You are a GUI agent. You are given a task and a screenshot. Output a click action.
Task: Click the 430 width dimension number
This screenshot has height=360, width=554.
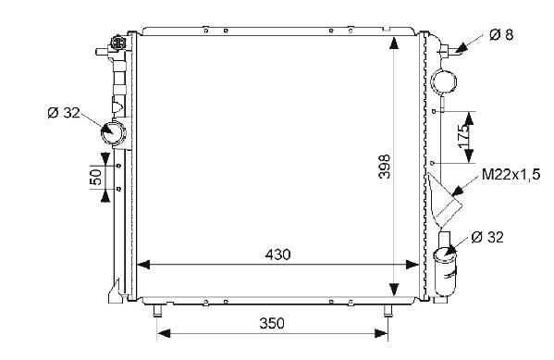[x=277, y=254]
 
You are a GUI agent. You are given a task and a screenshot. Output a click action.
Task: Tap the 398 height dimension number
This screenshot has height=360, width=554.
[x=385, y=167]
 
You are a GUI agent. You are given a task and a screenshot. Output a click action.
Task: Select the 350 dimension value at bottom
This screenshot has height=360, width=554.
[x=272, y=323]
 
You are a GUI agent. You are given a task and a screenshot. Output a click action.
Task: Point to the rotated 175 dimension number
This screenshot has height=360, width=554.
[x=464, y=136]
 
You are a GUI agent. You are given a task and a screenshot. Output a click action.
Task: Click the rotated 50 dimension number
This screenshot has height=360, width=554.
[x=96, y=177]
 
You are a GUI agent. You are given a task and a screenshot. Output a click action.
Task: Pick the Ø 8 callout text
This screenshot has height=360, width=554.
[x=501, y=34]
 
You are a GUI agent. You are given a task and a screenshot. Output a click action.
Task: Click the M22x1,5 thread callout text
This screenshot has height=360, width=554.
[x=511, y=175]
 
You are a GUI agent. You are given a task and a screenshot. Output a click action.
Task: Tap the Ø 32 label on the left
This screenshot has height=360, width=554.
[x=64, y=113]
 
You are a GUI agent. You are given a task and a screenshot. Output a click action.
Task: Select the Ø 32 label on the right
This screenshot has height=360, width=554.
[x=487, y=237]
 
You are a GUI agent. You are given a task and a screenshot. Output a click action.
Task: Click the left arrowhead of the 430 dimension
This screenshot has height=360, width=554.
[x=143, y=265]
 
